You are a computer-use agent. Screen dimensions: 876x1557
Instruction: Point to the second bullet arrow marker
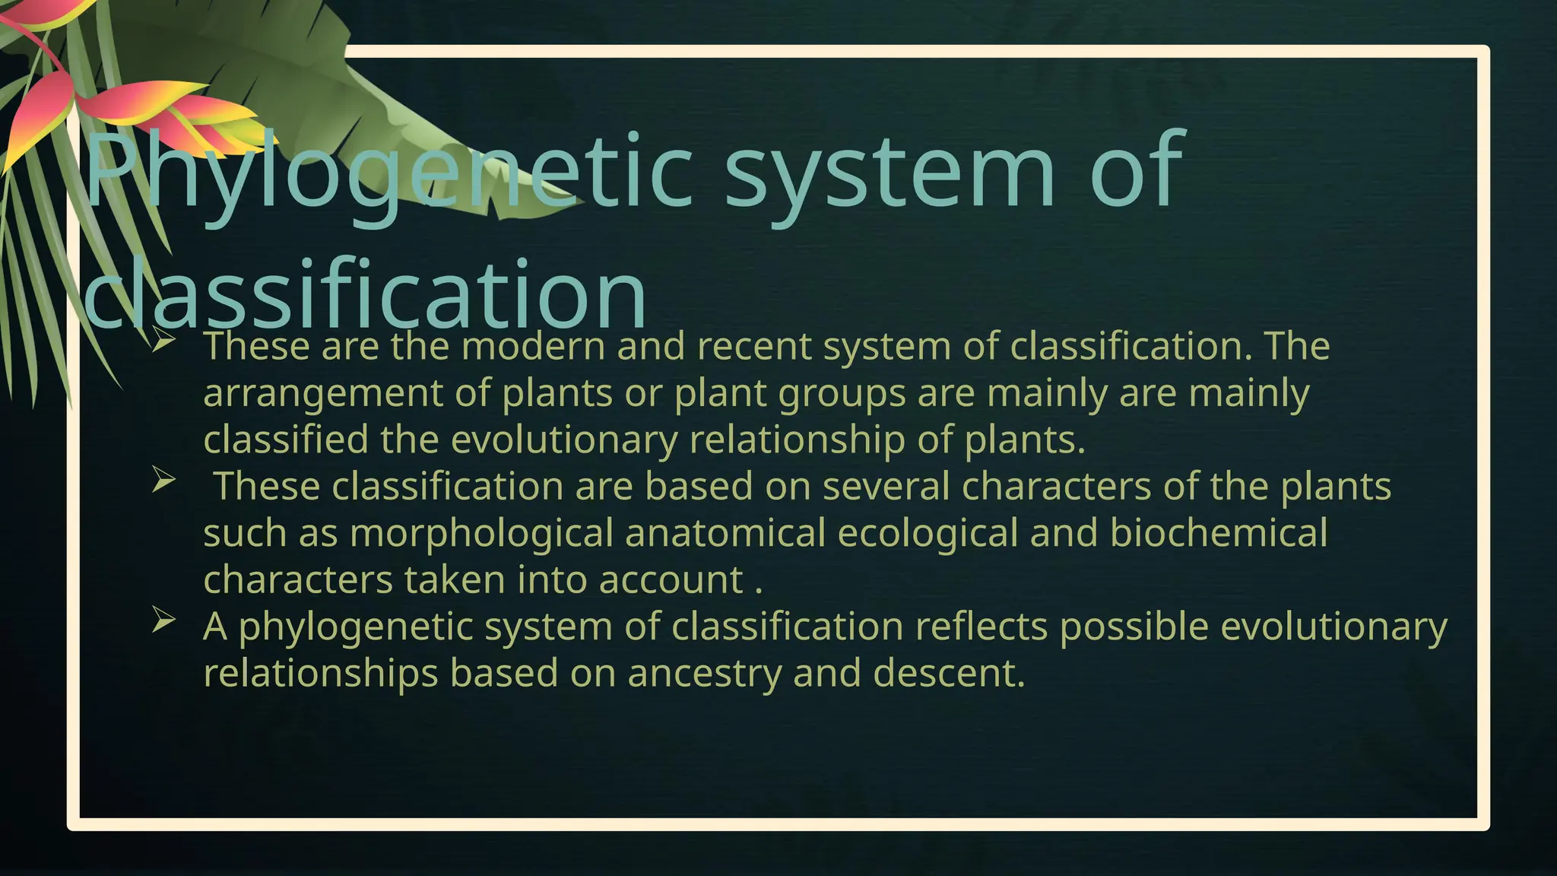[163, 481]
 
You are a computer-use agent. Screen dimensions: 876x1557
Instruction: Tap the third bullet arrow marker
[163, 620]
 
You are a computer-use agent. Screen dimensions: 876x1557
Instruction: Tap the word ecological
[928, 534]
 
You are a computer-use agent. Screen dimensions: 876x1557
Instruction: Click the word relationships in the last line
[320, 674]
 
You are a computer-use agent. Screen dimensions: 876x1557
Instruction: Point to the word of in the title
[1137, 173]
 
